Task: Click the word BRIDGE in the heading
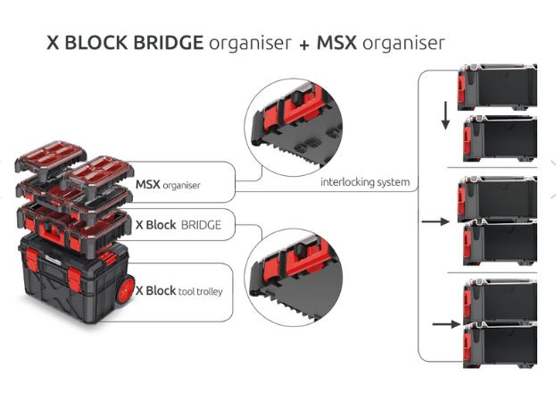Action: (168, 43)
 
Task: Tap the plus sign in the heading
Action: (304, 45)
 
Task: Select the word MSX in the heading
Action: (336, 43)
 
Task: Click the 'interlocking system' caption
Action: (365, 182)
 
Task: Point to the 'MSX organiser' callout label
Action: (168, 185)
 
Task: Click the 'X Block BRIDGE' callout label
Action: (178, 225)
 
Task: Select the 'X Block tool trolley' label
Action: (179, 291)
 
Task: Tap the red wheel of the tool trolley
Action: (125, 289)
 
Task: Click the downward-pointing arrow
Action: (445, 115)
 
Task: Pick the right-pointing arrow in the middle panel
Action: (436, 222)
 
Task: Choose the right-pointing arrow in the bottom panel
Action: (447, 323)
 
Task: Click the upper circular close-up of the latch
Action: (294, 128)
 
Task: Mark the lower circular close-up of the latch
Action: (294, 277)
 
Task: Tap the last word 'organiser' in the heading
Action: (403, 43)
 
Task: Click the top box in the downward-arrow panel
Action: (497, 87)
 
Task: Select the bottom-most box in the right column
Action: (500, 345)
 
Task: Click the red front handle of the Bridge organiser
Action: (52, 233)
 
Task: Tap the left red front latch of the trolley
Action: (32, 259)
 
